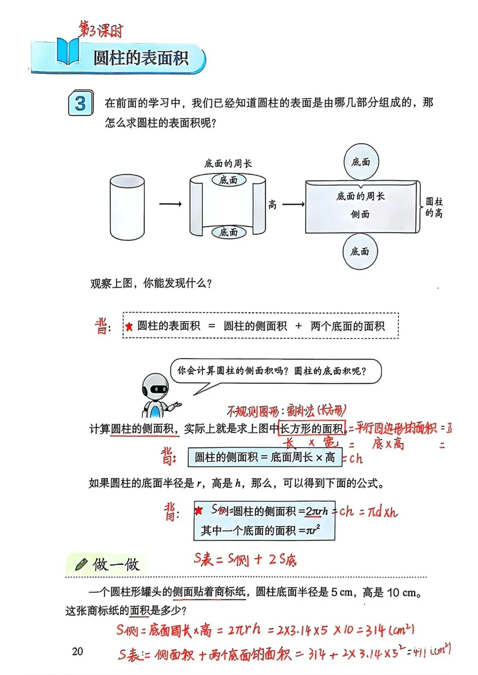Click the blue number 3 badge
81,103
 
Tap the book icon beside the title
68,52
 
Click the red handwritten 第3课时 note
101,30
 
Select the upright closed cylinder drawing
127,207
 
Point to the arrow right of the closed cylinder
170,204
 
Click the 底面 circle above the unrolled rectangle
361,162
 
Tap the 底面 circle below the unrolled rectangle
360,252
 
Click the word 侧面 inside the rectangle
360,215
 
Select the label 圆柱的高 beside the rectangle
434,207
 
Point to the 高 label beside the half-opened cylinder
272,204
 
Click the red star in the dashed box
129,327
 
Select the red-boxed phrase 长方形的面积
312,428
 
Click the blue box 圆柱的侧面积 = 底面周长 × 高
265,457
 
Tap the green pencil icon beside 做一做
81,564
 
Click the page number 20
77,651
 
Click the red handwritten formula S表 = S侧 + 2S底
245,560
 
